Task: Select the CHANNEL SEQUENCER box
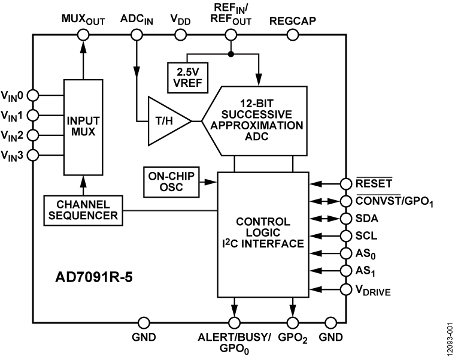pyautogui.click(x=83, y=210)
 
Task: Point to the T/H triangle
pyautogui.click(x=165, y=121)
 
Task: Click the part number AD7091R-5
pyautogui.click(x=94, y=278)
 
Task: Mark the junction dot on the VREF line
pyautogui.click(x=230, y=54)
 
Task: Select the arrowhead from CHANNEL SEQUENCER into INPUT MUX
pyautogui.click(x=83, y=180)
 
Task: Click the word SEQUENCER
pyautogui.click(x=83, y=216)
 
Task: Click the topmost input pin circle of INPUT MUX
pyautogui.click(x=34, y=95)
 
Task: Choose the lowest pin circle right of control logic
pyautogui.click(x=345, y=290)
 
